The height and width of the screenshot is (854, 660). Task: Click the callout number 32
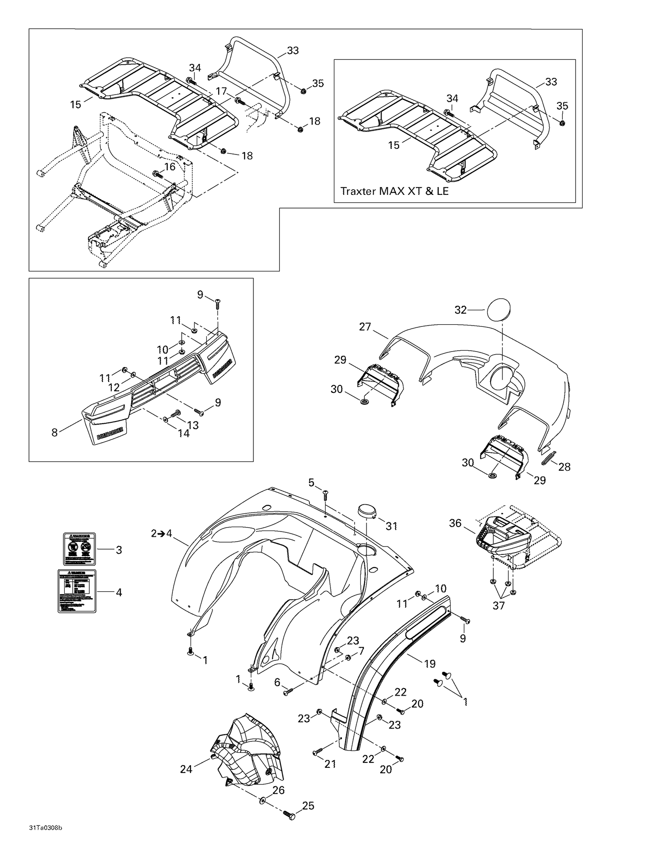460,310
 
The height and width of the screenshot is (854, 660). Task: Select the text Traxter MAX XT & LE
394,191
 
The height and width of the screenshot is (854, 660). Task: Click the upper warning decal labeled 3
79,549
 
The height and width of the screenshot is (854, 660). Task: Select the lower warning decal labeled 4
77,591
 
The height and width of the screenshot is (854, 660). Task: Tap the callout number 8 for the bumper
55,432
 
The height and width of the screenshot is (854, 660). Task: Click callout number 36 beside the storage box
455,523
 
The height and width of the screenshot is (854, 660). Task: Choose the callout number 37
499,605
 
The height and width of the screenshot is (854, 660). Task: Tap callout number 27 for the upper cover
365,326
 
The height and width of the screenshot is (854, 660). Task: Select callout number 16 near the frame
169,167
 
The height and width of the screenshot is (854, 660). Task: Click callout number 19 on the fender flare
429,663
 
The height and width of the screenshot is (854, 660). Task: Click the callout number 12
114,387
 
